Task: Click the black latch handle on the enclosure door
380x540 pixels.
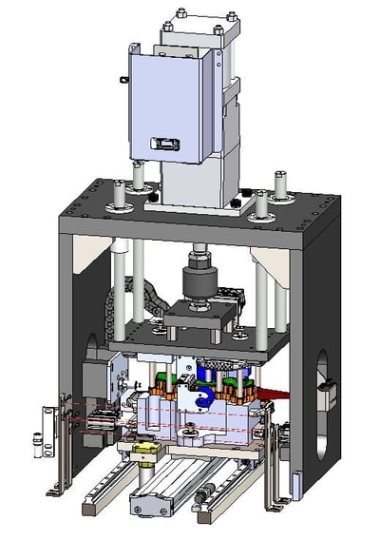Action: (166, 143)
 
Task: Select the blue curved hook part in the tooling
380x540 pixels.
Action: (203, 397)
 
